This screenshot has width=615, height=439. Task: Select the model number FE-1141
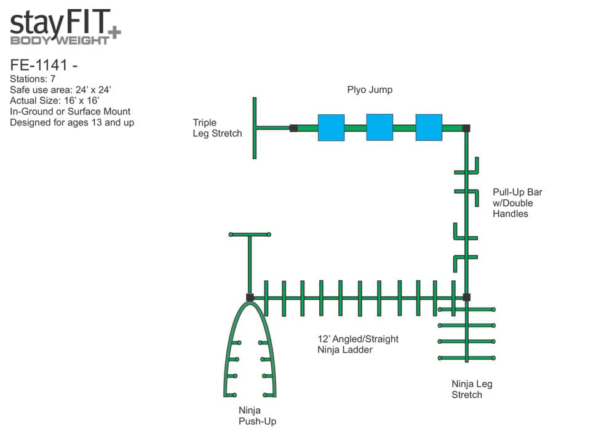39,65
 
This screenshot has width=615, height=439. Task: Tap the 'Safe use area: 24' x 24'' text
60,90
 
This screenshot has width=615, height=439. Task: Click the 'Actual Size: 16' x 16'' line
55,100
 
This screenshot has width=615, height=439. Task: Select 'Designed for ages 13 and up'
72,122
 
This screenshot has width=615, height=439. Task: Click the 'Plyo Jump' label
370,90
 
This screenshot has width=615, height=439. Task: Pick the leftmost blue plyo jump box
331,127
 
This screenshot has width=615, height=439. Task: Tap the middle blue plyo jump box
379,127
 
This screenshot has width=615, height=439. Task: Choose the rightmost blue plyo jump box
429,127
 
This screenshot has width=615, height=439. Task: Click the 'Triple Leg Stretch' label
217,128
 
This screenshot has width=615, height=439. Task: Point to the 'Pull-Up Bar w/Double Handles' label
517,203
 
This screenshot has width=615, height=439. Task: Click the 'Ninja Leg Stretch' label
472,389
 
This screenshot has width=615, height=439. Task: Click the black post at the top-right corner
466,128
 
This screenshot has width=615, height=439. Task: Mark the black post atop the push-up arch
250,298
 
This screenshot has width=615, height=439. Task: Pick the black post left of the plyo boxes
293,128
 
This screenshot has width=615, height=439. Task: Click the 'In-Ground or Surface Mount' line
70,111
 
